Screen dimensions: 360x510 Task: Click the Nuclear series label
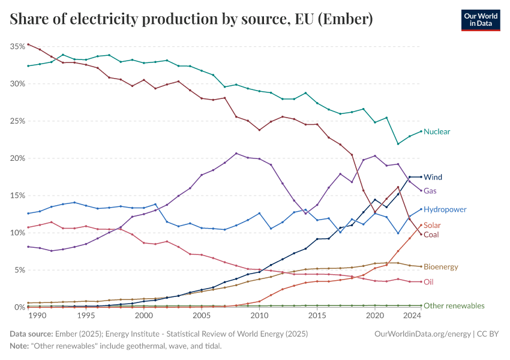(x=436, y=131)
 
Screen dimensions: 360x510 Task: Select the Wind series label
(x=433, y=177)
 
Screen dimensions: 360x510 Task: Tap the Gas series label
(x=430, y=191)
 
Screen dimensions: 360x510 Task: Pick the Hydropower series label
(x=445, y=209)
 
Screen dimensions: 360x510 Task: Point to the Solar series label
(x=432, y=225)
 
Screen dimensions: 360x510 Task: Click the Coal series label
(x=431, y=235)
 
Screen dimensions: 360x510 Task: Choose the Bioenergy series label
(x=441, y=266)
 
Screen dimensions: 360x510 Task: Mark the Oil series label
(x=428, y=281)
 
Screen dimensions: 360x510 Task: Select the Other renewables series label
(x=454, y=305)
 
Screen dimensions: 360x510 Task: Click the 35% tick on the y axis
(x=16, y=46)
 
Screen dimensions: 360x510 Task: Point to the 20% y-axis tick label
(x=16, y=158)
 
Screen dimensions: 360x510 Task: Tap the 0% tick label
(x=18, y=307)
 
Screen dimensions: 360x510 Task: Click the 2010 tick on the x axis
(x=259, y=316)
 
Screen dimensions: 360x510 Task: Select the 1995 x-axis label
(x=86, y=316)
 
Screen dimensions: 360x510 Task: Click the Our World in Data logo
(x=480, y=20)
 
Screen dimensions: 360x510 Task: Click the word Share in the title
(x=29, y=20)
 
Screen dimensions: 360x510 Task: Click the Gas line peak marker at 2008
(x=236, y=153)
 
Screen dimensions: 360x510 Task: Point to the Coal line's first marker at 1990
(x=28, y=44)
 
